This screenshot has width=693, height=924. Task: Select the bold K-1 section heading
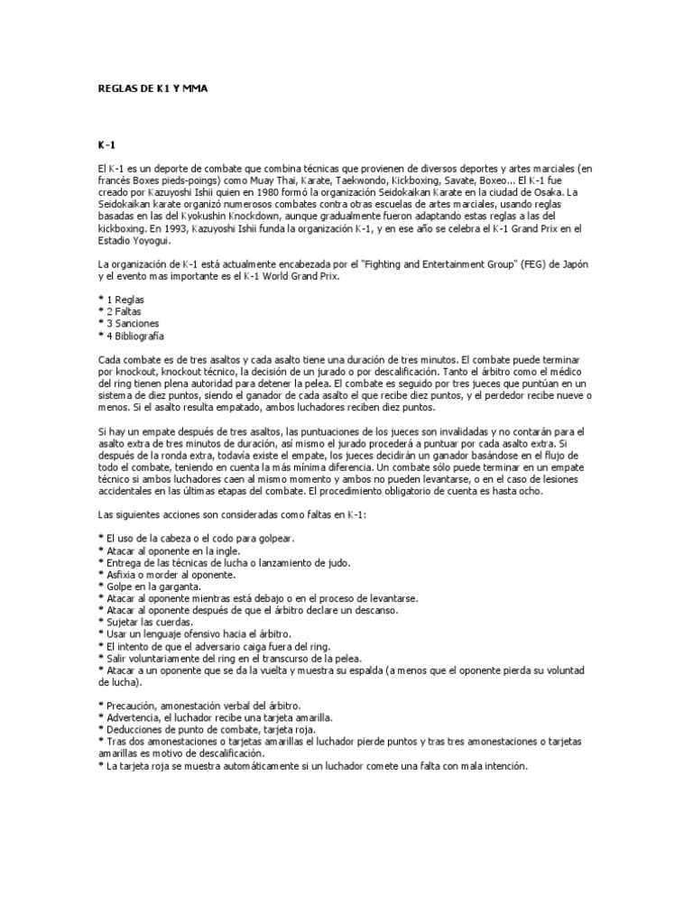pyautogui.click(x=107, y=144)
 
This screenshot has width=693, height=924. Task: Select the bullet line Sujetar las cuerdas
pyautogui.click(x=151, y=621)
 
